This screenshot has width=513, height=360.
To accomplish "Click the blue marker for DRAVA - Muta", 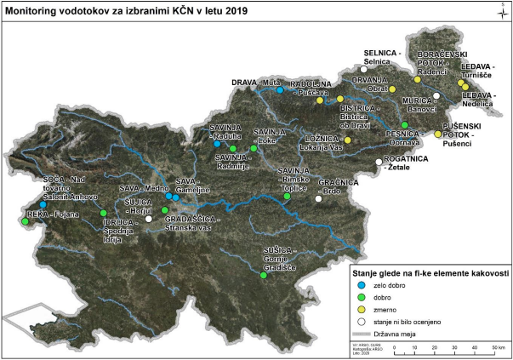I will [279, 89].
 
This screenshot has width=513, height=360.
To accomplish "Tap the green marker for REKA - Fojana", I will [26, 222].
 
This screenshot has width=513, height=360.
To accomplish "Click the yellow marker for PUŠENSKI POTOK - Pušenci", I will [438, 134].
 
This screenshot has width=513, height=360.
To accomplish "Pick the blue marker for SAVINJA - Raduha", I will [217, 144].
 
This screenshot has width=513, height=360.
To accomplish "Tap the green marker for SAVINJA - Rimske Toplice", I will [287, 196].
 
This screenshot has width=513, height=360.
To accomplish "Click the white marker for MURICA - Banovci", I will [436, 96].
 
